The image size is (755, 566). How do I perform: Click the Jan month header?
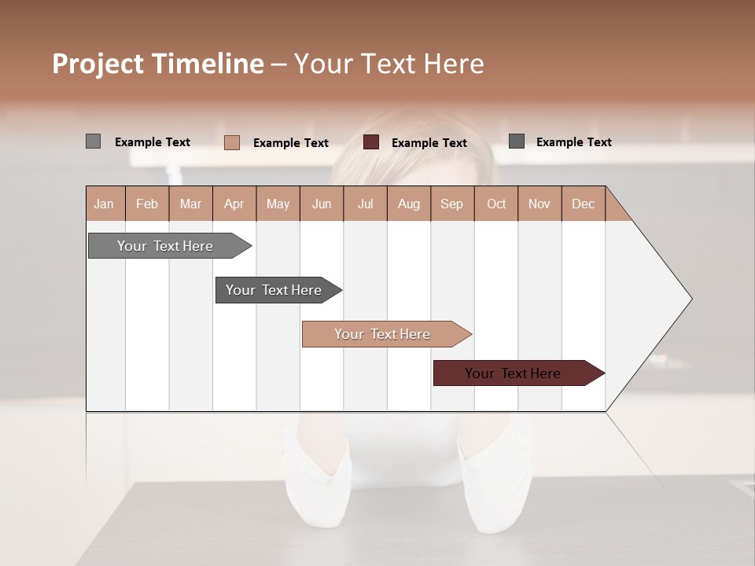(104, 204)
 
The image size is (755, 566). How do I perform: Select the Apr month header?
(234, 204)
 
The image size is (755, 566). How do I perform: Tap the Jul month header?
(365, 204)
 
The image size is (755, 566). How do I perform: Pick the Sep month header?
(451, 204)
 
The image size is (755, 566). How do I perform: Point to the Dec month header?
(583, 204)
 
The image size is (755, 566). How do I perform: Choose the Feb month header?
(147, 204)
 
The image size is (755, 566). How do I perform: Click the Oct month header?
(496, 204)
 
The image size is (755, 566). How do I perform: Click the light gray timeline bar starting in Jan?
(165, 246)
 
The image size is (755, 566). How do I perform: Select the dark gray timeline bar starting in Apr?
(274, 290)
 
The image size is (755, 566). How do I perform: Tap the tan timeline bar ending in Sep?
(382, 334)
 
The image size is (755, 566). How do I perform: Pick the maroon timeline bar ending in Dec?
(513, 373)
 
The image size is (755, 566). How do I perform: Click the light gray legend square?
(93, 141)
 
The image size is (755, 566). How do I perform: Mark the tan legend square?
(231, 142)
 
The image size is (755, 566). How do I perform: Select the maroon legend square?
(371, 142)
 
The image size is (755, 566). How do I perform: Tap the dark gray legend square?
(516, 141)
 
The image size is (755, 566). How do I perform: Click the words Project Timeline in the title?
(158, 64)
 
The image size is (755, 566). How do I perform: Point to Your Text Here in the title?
(389, 64)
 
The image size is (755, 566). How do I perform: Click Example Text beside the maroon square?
(429, 143)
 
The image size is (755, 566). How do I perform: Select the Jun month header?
(322, 204)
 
